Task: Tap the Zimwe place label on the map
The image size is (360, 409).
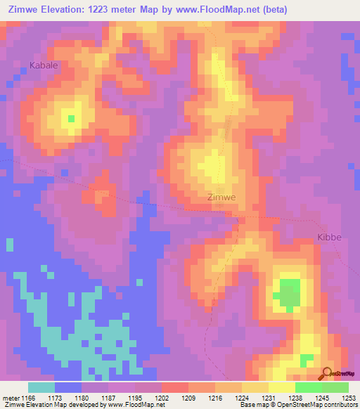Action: click(x=221, y=197)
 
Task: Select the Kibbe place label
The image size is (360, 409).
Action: click(x=328, y=237)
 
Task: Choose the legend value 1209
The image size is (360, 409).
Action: click(x=187, y=396)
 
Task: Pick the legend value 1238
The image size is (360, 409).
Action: click(x=295, y=396)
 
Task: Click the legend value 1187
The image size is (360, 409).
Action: click(x=107, y=396)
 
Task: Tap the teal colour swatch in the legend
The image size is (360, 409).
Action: click(x=41, y=387)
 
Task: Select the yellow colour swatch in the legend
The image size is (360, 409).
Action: click(x=282, y=387)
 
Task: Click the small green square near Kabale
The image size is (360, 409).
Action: click(x=71, y=118)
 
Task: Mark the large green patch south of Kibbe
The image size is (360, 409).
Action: click(x=289, y=293)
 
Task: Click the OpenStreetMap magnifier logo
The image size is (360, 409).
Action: click(x=326, y=374)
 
